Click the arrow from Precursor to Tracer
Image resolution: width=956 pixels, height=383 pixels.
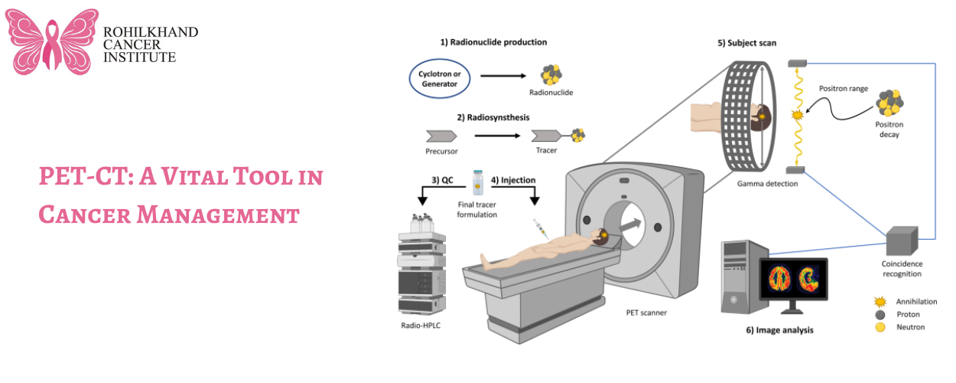tap(500, 136)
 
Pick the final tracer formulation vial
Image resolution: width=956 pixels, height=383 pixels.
tap(478, 182)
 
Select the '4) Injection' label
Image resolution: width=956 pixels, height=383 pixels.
tap(513, 180)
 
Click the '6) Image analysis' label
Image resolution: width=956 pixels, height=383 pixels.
tap(779, 331)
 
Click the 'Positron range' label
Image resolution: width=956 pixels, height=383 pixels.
tap(844, 89)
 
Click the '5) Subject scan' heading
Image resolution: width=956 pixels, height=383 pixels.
tap(747, 43)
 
